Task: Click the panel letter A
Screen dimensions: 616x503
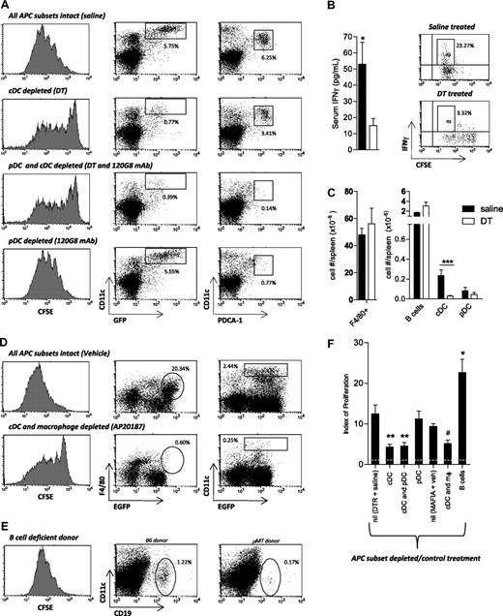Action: [x=6, y=7]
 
